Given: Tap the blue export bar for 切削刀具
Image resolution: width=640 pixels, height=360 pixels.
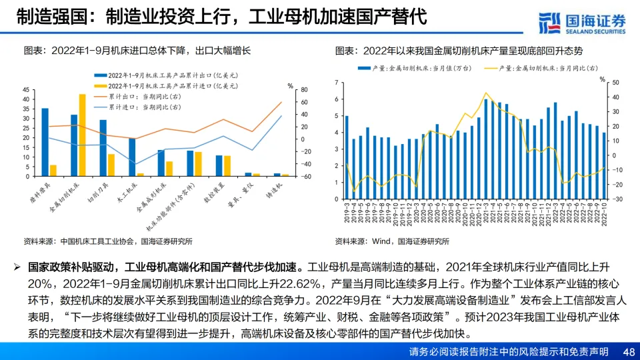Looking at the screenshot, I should tap(103, 148).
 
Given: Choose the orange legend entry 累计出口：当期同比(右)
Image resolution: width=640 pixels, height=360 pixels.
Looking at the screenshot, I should tap(133, 96).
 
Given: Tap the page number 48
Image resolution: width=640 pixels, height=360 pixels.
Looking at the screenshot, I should tap(628, 351).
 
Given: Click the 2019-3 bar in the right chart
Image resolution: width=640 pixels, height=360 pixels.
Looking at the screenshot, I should tap(347, 157).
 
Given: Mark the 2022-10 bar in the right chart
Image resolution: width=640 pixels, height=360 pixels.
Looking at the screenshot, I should tap(604, 165).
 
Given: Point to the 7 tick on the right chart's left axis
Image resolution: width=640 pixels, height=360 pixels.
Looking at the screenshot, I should tap(337, 83).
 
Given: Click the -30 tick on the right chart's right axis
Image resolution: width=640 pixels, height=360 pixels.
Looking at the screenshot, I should tap(614, 199).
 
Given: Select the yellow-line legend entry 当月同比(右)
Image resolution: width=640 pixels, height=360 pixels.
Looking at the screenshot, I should tap(543, 68).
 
